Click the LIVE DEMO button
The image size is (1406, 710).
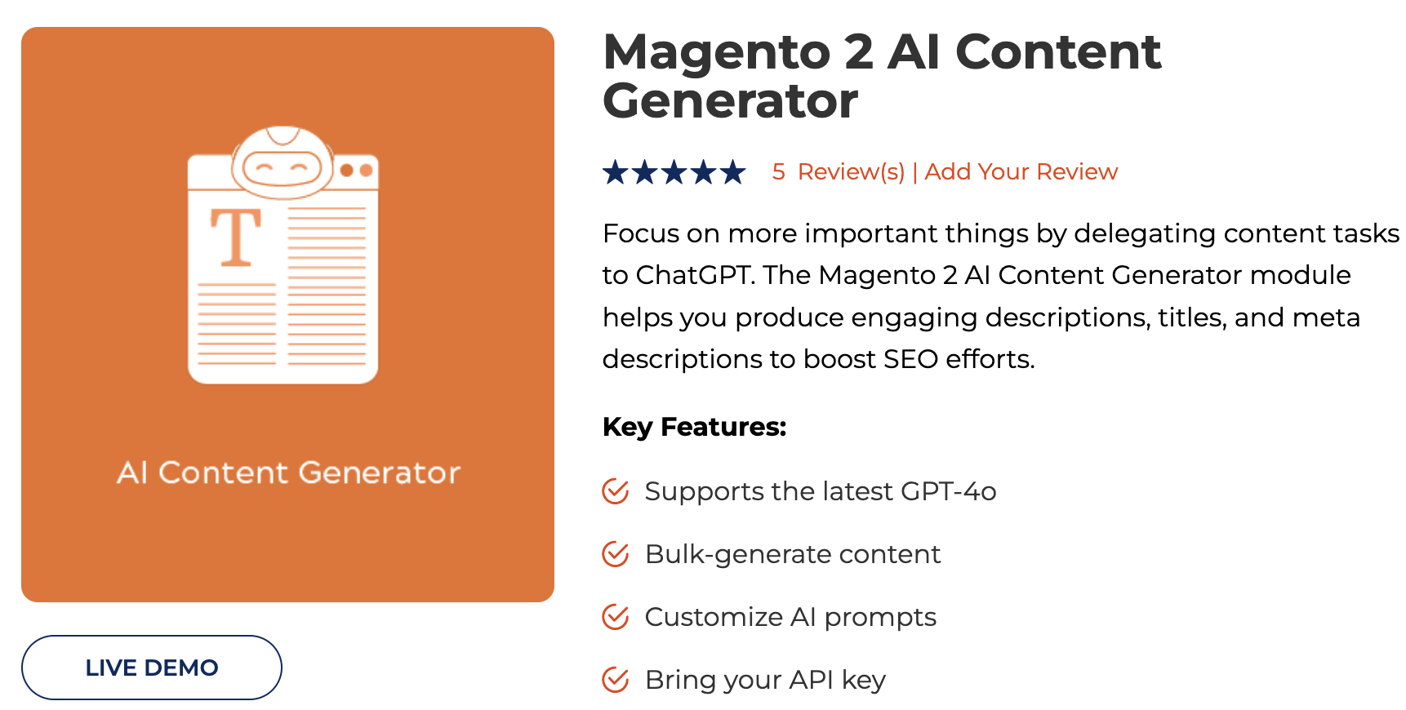click(152, 668)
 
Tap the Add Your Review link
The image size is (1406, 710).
click(1021, 172)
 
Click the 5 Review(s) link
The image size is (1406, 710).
click(839, 172)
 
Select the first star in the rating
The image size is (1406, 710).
click(616, 172)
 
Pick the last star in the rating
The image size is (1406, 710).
click(733, 172)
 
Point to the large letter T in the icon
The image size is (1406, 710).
click(236, 237)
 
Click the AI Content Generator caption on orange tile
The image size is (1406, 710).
click(288, 473)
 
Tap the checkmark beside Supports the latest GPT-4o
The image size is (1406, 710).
click(616, 491)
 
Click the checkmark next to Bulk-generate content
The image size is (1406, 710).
click(616, 554)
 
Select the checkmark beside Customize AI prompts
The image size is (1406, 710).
click(616, 617)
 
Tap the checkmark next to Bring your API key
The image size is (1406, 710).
click(616, 680)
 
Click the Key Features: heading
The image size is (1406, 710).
click(694, 427)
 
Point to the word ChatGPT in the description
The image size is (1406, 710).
click(693, 275)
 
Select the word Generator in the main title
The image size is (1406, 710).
click(730, 101)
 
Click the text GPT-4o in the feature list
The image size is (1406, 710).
click(948, 491)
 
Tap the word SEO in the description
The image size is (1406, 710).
click(910, 359)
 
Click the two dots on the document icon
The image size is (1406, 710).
click(357, 171)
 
